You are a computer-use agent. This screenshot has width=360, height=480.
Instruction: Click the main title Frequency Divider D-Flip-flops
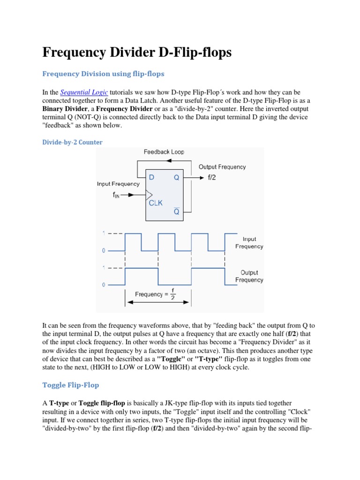coord(137,52)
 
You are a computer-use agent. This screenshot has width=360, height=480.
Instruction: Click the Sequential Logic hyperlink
coord(84,92)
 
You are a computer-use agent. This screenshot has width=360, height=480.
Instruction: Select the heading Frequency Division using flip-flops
coord(103,74)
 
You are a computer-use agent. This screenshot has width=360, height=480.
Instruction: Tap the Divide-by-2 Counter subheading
coord(72,142)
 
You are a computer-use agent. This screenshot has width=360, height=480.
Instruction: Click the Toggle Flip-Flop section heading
coord(70,384)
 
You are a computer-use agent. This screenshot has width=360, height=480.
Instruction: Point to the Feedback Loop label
coord(164,152)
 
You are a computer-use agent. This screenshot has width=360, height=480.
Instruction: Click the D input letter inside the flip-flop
coord(151,178)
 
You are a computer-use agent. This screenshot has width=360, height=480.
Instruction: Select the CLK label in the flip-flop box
coord(156,203)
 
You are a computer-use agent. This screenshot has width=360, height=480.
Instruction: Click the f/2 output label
coord(212,178)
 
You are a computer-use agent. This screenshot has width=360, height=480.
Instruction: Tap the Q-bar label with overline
coord(177,211)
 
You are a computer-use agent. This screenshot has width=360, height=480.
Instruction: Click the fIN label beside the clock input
coord(116,195)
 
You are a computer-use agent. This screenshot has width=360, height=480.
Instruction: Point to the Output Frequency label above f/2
coord(222,167)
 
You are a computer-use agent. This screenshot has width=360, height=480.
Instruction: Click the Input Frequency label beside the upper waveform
coord(249,243)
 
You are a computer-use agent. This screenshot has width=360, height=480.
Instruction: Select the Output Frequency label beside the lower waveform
coord(249,276)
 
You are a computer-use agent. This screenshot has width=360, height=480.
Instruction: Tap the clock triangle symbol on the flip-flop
coord(149,194)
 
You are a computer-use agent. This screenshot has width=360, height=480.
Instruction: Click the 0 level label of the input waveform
coord(104,251)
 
